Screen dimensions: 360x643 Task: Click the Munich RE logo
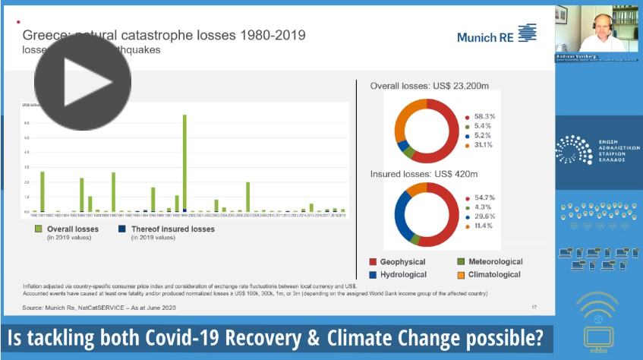pos(496,34)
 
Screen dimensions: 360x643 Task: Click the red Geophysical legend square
pos(374,262)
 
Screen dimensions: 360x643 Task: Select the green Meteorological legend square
pos(449,262)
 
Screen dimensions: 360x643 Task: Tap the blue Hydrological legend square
pos(374,274)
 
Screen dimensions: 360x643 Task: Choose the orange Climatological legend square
pos(449,274)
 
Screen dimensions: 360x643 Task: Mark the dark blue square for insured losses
pos(122,229)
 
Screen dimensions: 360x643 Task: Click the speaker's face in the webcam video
pos(591,26)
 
